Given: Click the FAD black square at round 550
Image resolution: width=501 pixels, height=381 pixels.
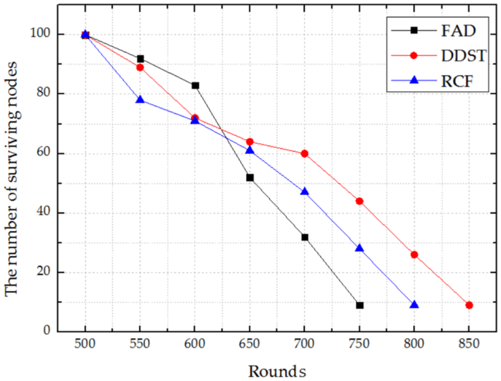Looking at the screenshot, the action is (140, 59).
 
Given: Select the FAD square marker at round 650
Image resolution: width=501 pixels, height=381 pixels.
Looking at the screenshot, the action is (250, 177).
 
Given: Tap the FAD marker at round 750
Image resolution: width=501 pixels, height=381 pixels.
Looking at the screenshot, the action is (360, 306).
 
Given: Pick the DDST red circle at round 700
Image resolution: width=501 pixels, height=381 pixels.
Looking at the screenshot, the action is (305, 154).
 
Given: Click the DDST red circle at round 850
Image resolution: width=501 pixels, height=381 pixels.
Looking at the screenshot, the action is (469, 306).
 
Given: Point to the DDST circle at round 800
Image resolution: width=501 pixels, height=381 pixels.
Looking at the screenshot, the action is (414, 255).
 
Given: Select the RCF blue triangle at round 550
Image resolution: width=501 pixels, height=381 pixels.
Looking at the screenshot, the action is (140, 99).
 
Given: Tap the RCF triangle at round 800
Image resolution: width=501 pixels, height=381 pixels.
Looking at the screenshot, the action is (414, 304).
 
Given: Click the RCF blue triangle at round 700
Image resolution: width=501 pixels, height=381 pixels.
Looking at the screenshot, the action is (305, 191).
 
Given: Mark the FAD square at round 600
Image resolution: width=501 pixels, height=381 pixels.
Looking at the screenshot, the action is (195, 85).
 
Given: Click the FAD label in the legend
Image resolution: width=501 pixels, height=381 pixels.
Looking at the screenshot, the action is (458, 31).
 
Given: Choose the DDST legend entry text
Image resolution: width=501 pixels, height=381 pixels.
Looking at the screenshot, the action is (463, 55).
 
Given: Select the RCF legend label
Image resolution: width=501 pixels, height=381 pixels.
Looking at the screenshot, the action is (457, 81).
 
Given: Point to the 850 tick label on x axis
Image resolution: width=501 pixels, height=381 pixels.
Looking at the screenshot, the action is (469, 344).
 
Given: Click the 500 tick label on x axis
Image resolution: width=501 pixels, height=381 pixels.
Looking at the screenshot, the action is (85, 344).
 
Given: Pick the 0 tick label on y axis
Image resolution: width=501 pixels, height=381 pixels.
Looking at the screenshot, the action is (47, 330).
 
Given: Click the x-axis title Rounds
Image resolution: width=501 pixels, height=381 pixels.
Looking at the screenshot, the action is (277, 371).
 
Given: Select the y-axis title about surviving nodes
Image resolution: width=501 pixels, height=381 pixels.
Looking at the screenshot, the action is (12, 179).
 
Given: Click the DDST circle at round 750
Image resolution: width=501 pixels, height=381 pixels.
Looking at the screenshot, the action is (360, 201).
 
